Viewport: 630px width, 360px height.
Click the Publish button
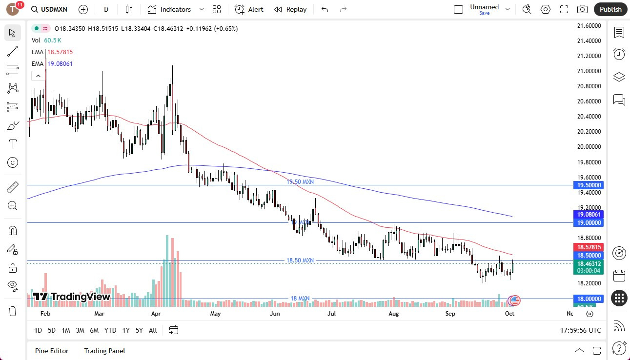point(610,9)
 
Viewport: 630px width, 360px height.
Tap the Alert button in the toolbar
point(249,9)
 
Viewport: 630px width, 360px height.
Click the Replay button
point(290,9)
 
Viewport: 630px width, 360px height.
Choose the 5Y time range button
point(139,330)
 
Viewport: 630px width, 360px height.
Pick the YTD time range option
point(110,330)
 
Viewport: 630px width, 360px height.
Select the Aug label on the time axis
point(393,314)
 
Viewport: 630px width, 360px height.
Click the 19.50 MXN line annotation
point(300,181)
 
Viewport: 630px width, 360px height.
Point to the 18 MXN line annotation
point(300,299)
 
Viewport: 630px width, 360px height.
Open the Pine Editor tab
point(52,351)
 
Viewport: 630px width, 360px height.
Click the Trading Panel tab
point(104,351)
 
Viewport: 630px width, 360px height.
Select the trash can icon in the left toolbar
point(13,311)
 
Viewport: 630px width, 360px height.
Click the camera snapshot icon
point(582,9)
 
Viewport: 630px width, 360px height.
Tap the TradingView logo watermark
point(72,297)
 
